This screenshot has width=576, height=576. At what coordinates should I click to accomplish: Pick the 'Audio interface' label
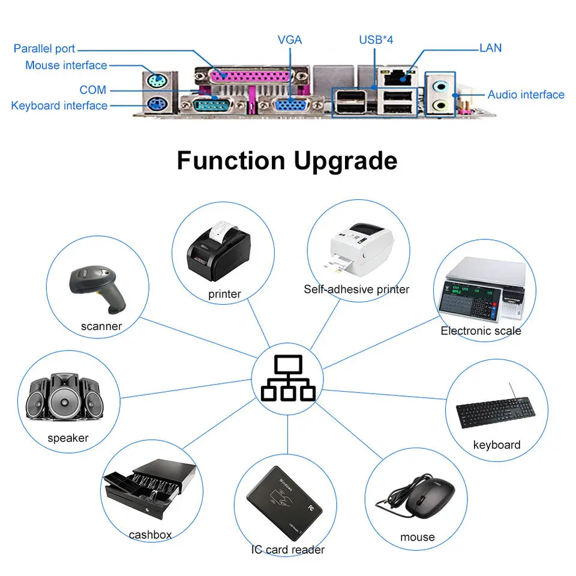tap(526, 94)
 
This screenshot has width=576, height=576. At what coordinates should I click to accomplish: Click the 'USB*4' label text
tap(376, 40)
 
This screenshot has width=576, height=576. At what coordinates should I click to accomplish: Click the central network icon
tap(288, 378)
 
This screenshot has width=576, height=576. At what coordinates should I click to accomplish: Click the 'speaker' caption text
tap(68, 438)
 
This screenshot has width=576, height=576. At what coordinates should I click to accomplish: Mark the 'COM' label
tap(93, 90)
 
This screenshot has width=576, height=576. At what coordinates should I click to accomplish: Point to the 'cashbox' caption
tap(150, 535)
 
